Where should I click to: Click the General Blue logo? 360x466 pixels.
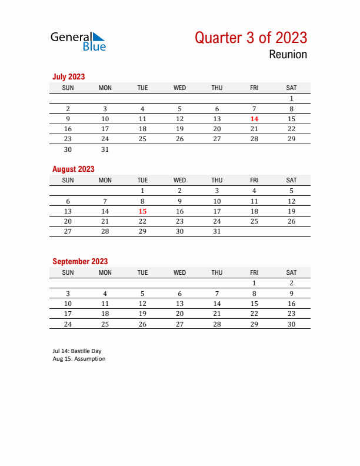tap(78, 41)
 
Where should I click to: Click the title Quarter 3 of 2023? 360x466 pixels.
tap(251, 38)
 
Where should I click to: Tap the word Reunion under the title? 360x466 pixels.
tap(288, 55)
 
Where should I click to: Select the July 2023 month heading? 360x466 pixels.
tap(68, 76)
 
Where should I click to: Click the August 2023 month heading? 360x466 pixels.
tap(73, 169)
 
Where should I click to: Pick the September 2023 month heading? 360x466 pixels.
tap(80, 261)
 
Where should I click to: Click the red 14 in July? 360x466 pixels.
tap(254, 119)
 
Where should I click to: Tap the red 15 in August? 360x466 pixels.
tap(142, 211)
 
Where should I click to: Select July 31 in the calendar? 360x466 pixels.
tap(105, 149)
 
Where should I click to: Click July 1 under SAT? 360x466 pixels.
tap(291, 98)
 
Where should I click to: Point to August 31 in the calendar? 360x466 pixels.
tap(217, 231)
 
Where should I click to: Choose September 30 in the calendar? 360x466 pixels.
tap(291, 324)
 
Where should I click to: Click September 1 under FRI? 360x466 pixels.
tap(254, 283)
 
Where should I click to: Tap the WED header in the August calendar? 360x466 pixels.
tap(179, 180)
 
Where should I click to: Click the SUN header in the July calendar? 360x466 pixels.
tap(68, 88)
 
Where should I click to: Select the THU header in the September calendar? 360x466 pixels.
tap(217, 272)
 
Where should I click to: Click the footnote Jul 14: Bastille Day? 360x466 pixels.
tap(76, 351)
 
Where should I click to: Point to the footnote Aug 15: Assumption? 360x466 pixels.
tap(79, 359)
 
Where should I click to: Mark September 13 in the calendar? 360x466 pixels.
tap(179, 304)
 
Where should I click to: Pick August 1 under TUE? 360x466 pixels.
tap(142, 191)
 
